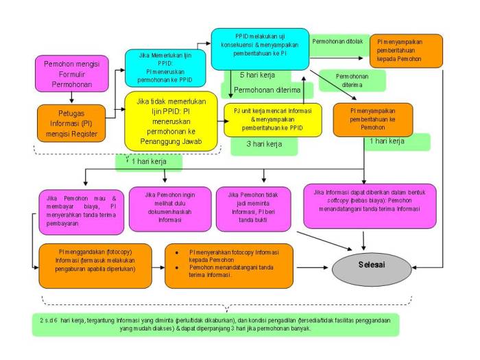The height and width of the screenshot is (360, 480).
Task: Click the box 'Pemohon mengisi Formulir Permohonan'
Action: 72,74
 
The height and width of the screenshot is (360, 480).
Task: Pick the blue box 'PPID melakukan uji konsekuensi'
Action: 259,48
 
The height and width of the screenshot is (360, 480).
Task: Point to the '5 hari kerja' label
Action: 257,74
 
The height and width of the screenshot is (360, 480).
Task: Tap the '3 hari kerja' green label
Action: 264,145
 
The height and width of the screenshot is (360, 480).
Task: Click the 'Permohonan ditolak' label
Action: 337,41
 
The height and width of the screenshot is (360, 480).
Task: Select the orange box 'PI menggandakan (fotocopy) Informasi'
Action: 97,265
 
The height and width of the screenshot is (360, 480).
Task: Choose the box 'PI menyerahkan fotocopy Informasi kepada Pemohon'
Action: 228,265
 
